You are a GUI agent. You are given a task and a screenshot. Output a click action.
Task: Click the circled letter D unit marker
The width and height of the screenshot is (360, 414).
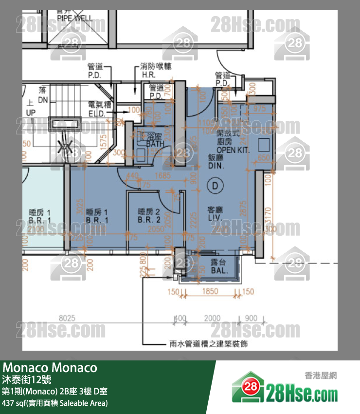[x=214, y=185]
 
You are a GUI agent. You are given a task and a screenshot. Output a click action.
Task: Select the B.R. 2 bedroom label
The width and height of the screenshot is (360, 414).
[x=149, y=220]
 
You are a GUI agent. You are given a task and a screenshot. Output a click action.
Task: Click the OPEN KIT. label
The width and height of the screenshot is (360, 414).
[x=233, y=150]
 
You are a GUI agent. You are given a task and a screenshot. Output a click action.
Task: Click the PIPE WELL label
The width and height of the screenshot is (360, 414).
[x=74, y=18]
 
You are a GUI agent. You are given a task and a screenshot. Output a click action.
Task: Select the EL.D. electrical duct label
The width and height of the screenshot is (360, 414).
[x=98, y=113]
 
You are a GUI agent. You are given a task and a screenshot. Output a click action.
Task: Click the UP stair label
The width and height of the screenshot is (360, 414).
[x=30, y=113]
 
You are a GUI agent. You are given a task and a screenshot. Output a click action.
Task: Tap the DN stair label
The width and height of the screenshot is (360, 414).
[x=43, y=99]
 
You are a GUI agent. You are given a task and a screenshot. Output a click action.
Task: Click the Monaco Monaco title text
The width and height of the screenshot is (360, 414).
[x=50, y=367]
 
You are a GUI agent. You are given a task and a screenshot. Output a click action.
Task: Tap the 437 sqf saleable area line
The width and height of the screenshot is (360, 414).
[x=55, y=403]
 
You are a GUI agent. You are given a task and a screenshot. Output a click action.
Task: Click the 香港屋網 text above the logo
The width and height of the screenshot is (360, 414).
[x=321, y=375]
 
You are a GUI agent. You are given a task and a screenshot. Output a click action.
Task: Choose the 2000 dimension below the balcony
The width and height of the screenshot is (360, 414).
[x=212, y=318]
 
